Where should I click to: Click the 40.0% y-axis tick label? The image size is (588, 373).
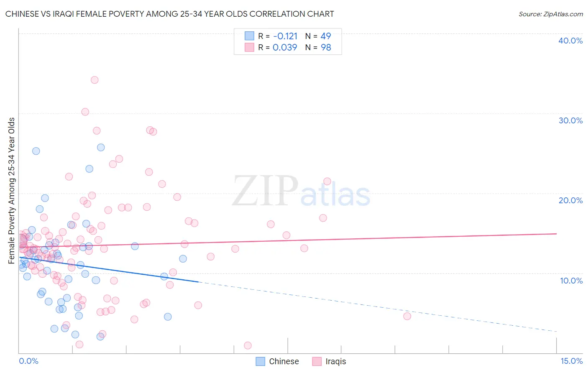pos(570,41)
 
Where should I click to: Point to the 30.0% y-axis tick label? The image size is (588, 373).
pos(570,120)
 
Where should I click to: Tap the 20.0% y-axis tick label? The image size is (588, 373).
pos(570,200)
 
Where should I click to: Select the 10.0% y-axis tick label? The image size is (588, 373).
pos(571,281)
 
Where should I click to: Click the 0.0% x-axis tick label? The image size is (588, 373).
pos(28,361)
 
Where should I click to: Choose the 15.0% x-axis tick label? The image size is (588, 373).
pos(571,361)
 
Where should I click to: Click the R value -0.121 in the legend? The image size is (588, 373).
pos(285,36)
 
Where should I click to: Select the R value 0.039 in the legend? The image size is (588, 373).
pos(285,48)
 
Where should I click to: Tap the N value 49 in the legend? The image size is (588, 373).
pos(326,36)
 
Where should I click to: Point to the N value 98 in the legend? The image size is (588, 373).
pos(326,48)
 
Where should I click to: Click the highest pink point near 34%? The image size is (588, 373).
pos(95,80)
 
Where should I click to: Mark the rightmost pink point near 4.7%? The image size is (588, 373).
pos(407,316)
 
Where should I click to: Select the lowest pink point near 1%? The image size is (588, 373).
pos(248,345)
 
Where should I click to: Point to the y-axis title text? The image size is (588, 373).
pos(12,191)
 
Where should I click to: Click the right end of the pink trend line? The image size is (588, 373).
pos(556,234)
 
